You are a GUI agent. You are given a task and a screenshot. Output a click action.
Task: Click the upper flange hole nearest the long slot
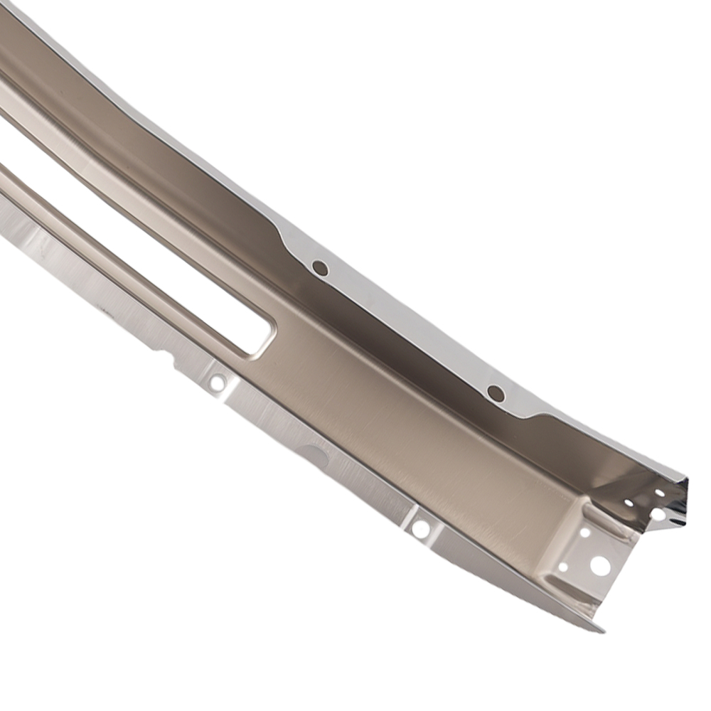[x=320, y=268]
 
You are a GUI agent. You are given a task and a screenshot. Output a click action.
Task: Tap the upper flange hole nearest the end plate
[x=496, y=392]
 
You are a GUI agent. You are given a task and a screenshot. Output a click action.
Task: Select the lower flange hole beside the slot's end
[x=218, y=383]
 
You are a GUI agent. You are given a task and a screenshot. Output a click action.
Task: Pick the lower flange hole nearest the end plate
[x=421, y=529]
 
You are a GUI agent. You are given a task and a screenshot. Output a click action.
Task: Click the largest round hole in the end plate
[x=599, y=566]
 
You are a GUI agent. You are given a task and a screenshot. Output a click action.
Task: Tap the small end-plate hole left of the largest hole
[x=563, y=567]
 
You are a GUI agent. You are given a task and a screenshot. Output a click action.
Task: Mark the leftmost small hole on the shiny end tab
[x=629, y=503]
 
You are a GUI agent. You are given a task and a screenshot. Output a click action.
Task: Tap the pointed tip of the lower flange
[x=603, y=630]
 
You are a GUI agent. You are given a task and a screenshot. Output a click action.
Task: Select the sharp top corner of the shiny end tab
[x=687, y=479]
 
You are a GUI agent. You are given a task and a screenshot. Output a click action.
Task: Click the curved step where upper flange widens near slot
[x=284, y=238]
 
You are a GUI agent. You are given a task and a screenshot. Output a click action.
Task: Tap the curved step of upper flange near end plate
[x=530, y=416]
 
